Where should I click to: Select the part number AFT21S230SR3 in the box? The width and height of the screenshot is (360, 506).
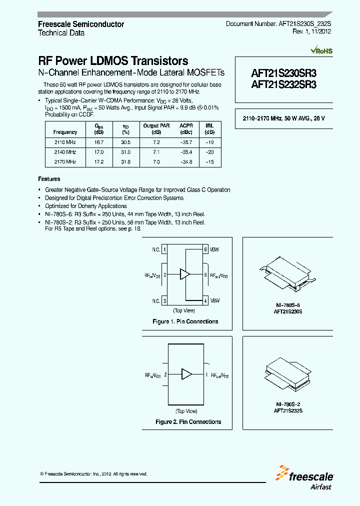point(283,73)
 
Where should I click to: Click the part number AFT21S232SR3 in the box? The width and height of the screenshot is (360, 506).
point(283,84)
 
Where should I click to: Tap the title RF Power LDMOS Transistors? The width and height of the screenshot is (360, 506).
point(113,61)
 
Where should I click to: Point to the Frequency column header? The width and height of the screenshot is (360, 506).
point(65,132)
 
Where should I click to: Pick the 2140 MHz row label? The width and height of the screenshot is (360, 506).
point(65,151)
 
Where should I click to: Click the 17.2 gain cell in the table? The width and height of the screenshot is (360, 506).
point(99,161)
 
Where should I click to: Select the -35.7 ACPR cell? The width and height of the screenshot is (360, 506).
point(185,141)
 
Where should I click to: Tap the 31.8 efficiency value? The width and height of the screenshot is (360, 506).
point(125,161)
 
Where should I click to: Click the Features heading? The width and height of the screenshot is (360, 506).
point(49,179)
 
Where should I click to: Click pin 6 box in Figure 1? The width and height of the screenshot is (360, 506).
point(205,249)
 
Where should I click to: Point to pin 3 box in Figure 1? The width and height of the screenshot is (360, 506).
point(164,300)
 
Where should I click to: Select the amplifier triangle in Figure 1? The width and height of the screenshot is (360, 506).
point(185,274)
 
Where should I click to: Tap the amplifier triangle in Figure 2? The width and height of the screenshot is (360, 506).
point(186,374)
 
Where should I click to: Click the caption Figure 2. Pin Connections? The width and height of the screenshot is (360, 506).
point(188,422)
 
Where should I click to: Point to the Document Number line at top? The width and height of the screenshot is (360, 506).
point(278,23)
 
